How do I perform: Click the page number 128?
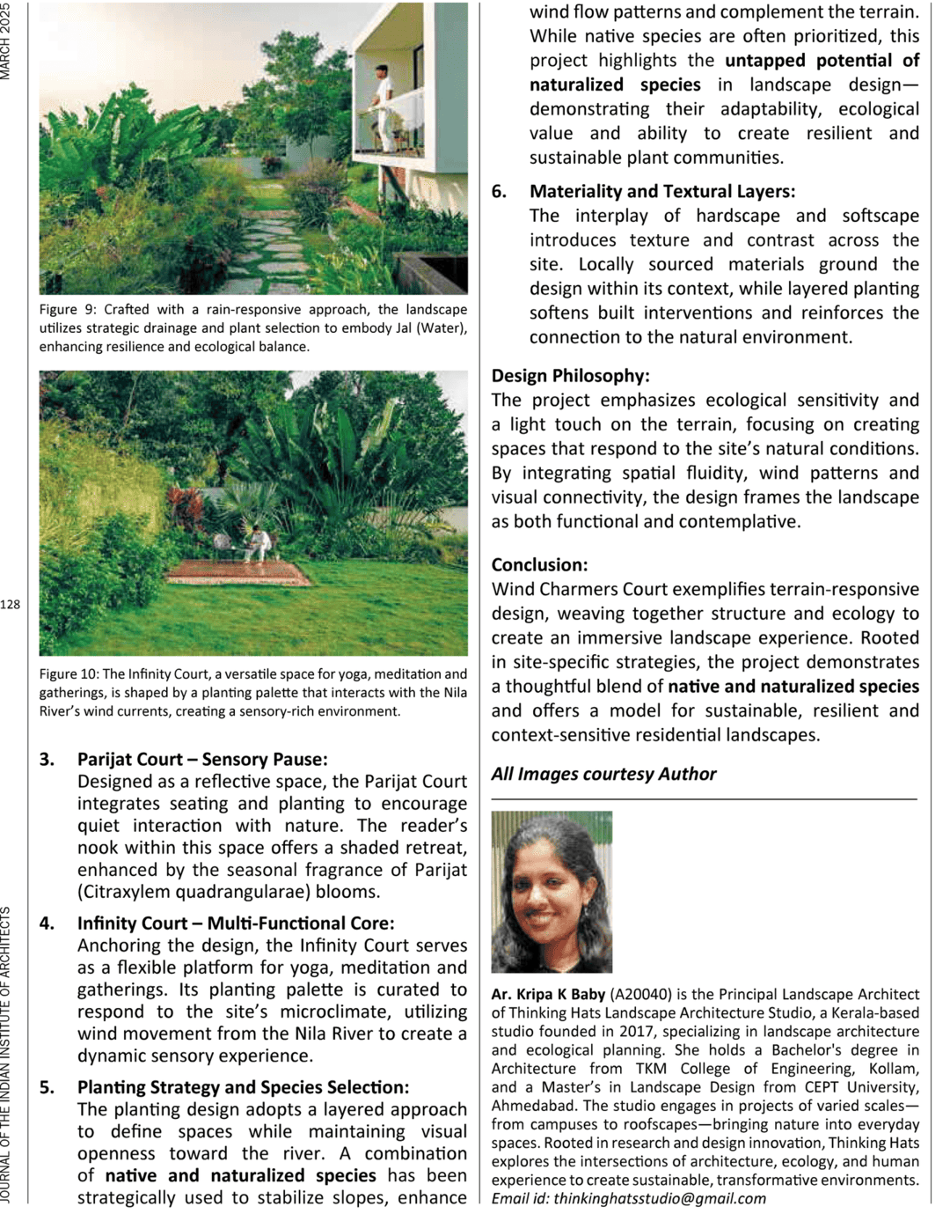[10, 605]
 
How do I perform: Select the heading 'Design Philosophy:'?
[570, 376]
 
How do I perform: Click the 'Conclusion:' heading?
[539, 565]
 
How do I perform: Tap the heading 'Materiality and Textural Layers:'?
[661, 192]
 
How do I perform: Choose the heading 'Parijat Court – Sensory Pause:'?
[201, 760]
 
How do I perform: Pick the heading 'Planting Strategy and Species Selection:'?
[243, 1088]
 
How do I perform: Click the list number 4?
[47, 923]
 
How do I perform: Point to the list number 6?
[499, 192]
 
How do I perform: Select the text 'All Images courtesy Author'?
[603, 774]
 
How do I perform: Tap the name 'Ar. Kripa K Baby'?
[548, 995]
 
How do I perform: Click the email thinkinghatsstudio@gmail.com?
[659, 1198]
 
